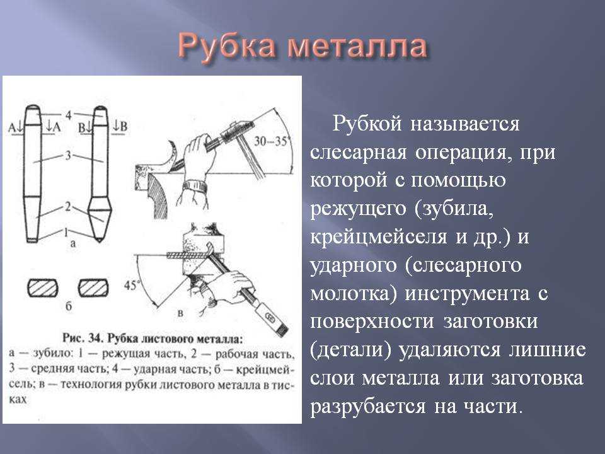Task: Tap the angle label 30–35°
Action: (271, 142)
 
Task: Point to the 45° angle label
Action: (131, 285)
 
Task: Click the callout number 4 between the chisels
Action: (69, 115)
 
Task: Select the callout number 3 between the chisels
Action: (68, 156)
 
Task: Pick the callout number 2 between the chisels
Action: (68, 207)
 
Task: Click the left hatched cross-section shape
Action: (42, 288)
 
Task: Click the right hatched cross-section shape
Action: (93, 288)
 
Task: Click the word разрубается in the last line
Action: (368, 407)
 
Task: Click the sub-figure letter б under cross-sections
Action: (69, 306)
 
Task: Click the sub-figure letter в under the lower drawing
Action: (180, 313)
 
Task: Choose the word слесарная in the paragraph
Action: (359, 152)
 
